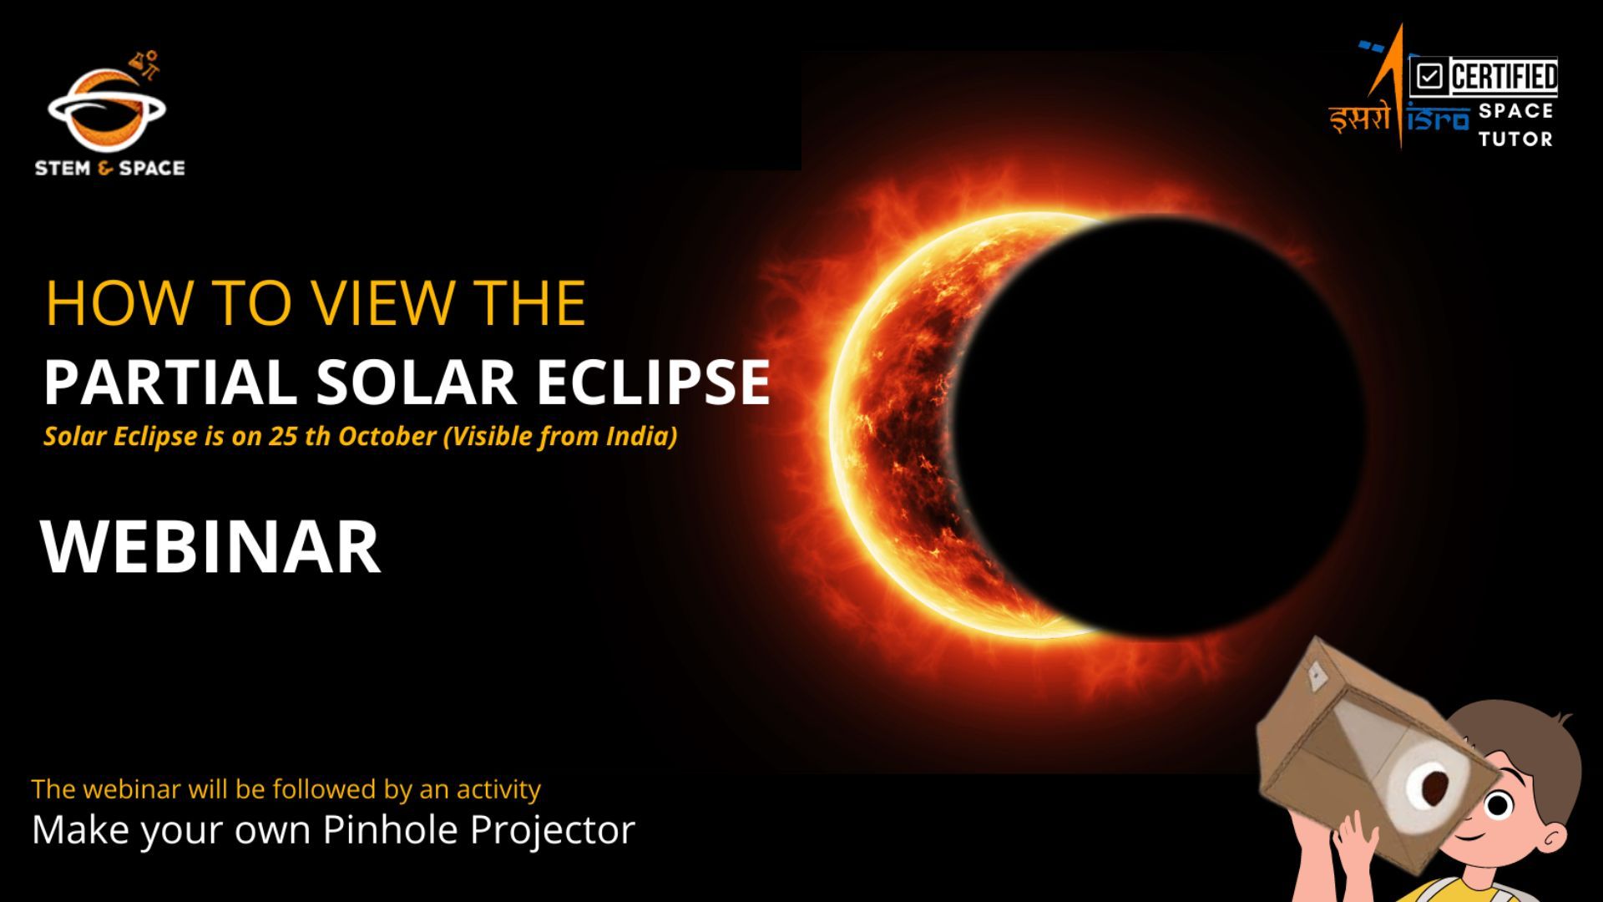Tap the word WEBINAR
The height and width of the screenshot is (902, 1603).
[210, 547]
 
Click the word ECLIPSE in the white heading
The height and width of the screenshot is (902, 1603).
[652, 382]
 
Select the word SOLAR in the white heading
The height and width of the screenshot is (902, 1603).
[416, 382]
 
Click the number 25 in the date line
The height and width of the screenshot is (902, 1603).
[282, 436]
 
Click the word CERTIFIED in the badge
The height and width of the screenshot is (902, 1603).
[1504, 77]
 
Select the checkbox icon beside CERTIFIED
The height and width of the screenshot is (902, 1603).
[1429, 78]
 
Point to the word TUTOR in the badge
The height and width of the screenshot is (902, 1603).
[1515, 139]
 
